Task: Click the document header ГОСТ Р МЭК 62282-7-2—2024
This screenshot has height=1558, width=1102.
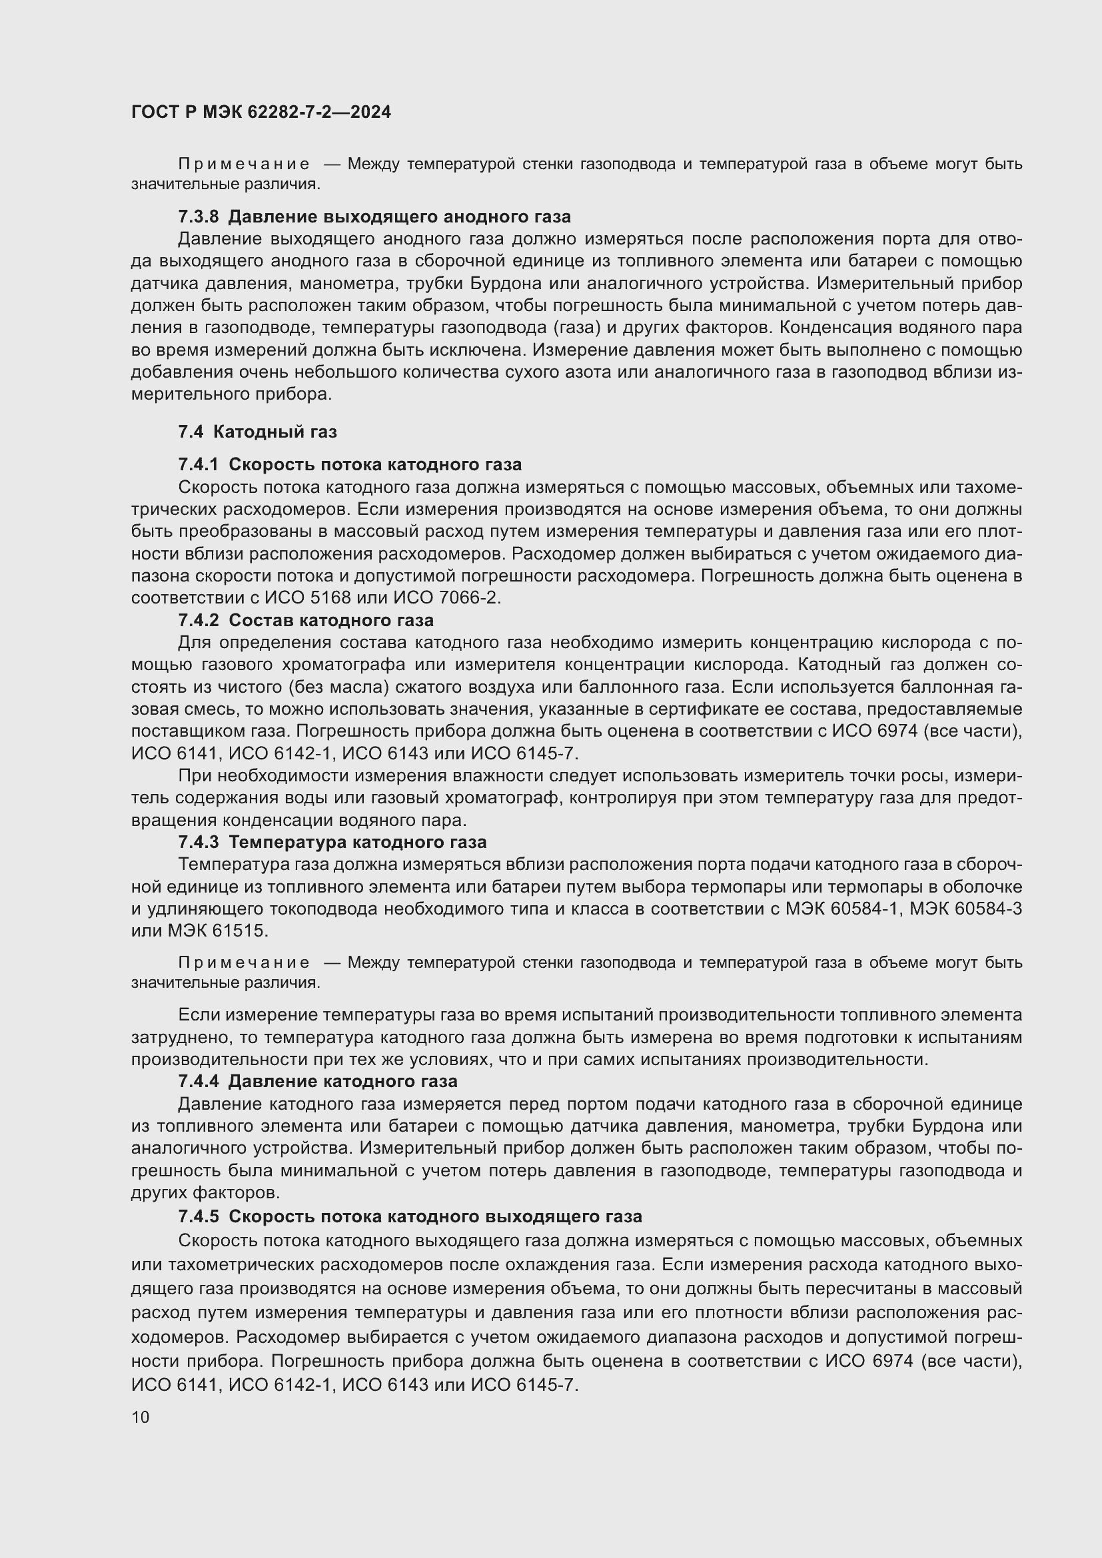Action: (261, 112)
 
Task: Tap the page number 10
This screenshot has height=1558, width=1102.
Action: (141, 1417)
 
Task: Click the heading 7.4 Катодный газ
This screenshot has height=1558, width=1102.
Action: (257, 432)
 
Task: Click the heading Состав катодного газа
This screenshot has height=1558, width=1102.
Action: (331, 620)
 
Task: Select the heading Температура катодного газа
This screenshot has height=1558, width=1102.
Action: (357, 842)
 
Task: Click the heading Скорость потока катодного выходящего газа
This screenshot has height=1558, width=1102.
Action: (435, 1217)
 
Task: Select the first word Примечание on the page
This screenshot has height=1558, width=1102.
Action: (244, 165)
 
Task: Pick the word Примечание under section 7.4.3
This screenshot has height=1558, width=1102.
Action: (244, 963)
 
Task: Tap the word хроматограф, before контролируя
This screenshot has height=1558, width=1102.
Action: (510, 798)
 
